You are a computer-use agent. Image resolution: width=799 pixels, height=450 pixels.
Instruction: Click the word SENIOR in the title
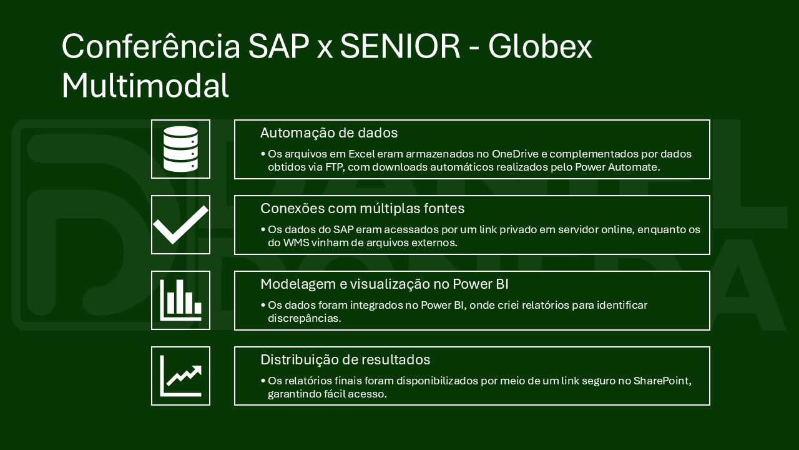point(400,46)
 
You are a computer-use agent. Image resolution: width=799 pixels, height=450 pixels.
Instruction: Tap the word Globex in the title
point(540,46)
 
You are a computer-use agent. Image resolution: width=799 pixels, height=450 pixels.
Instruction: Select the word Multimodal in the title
point(145,86)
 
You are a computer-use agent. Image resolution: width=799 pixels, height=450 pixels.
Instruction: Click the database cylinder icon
point(180,149)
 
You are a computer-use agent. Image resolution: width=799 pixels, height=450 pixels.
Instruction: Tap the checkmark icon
point(180,225)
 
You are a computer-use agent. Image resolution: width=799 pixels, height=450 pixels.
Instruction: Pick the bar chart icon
point(180,301)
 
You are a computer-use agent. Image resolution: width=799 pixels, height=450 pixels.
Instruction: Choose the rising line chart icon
point(180,376)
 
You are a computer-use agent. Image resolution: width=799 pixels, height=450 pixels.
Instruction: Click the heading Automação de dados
point(329,133)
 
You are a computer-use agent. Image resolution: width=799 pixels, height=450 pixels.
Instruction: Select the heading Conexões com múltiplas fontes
point(363,208)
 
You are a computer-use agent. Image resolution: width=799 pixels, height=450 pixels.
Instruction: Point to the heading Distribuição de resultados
point(345,359)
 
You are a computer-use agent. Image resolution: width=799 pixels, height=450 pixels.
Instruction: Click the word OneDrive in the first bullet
point(515,154)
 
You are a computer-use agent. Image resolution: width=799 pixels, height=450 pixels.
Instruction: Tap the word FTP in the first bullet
point(335,167)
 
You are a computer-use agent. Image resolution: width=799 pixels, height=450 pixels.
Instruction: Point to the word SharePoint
point(662,381)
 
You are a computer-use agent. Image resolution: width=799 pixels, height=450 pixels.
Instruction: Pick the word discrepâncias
point(305,319)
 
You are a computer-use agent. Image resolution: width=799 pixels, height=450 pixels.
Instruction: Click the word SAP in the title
point(278,46)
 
